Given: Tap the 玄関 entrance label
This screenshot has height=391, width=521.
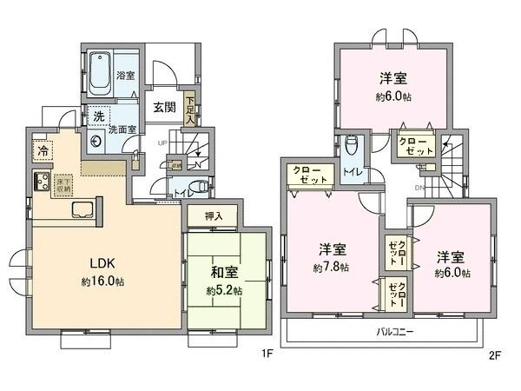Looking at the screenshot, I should [164, 108].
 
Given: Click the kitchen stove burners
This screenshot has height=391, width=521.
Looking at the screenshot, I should [40, 182].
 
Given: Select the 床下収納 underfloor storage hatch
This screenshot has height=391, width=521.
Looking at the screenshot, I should [63, 183].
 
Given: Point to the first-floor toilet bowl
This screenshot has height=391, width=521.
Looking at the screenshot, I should [199, 184].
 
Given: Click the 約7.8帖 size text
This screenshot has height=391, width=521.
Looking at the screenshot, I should [332, 268].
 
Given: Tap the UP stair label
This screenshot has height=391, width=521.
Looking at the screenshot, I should [162, 143].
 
